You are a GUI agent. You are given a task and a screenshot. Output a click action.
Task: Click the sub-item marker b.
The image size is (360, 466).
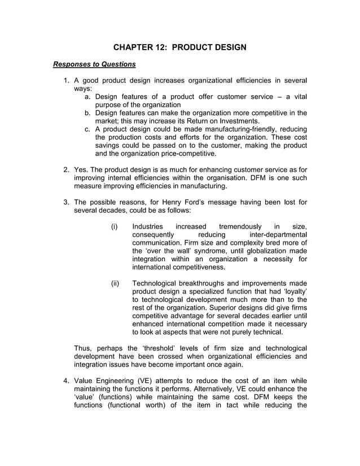coord(88,113)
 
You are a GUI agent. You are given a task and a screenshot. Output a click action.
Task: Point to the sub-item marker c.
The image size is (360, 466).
coord(88,129)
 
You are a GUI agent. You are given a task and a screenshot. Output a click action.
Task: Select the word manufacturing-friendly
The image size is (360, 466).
coord(234,129)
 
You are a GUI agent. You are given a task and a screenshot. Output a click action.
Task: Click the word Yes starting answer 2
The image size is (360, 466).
coord(81,170)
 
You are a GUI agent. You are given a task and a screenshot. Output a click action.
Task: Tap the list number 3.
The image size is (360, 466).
coord(66,203)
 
